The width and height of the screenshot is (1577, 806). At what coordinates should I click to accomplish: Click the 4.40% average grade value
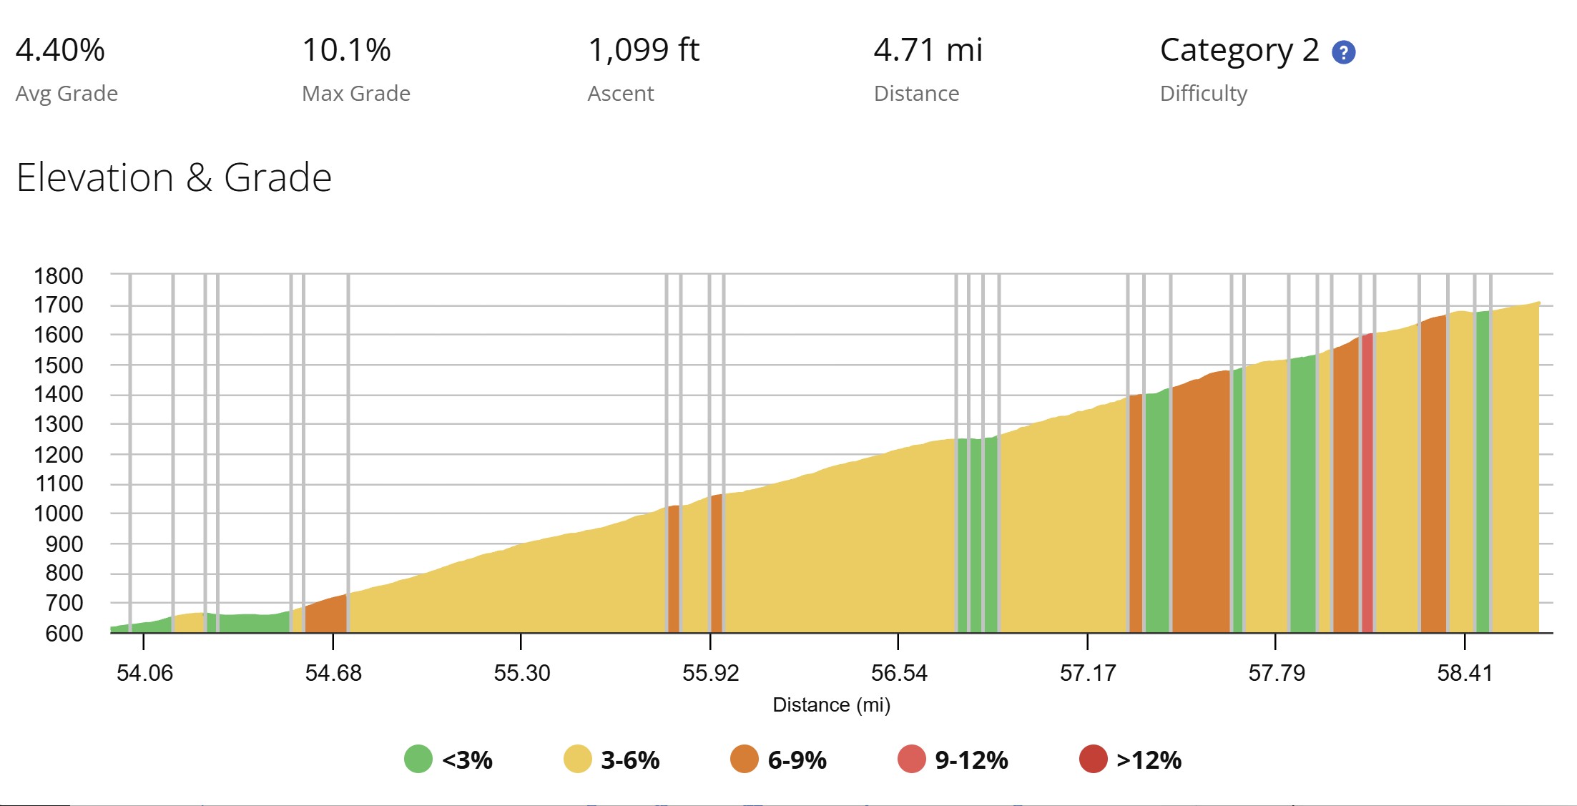click(x=60, y=50)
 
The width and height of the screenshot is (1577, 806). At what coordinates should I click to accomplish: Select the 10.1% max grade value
click(x=346, y=50)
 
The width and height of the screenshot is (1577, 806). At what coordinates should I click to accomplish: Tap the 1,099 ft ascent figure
click(x=644, y=50)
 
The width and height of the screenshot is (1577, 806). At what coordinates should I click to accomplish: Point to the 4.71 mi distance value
click(x=928, y=50)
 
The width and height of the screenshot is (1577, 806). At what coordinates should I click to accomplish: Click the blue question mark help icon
click(x=1344, y=52)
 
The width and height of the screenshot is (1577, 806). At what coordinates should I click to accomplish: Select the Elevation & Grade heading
click(x=174, y=177)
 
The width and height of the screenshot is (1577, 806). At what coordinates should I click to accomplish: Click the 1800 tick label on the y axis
click(x=59, y=275)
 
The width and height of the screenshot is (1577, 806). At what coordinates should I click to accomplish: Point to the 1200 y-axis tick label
click(x=59, y=454)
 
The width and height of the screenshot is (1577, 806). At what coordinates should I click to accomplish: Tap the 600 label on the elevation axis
click(x=64, y=633)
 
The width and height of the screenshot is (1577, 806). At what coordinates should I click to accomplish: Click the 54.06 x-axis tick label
click(x=144, y=673)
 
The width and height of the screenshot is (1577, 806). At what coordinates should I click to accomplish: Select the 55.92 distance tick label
click(x=710, y=673)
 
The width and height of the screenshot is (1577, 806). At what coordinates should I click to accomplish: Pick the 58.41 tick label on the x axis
click(x=1465, y=673)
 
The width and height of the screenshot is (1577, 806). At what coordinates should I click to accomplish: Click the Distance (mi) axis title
click(x=832, y=705)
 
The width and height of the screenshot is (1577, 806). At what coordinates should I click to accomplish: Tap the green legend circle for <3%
click(x=418, y=759)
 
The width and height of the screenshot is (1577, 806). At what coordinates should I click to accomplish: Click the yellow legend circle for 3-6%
click(x=578, y=759)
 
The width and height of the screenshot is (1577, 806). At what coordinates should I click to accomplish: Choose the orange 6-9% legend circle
click(x=745, y=759)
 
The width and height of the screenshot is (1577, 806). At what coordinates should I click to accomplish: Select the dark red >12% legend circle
click(x=1094, y=759)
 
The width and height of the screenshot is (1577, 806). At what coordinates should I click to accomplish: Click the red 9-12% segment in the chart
click(x=1367, y=486)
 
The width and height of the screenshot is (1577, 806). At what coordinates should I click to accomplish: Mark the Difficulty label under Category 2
click(x=1204, y=94)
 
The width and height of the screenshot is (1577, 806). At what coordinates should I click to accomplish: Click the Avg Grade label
click(x=67, y=94)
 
